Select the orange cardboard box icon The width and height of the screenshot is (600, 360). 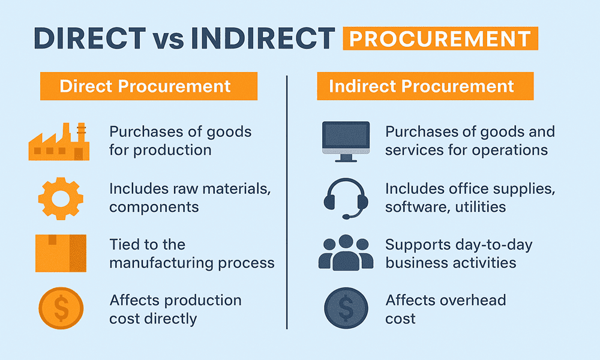[x=61, y=253]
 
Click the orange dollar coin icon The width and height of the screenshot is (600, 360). [x=61, y=308]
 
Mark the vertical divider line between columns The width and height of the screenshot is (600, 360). [x=287, y=204]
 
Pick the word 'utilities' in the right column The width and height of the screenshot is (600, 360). [x=478, y=207]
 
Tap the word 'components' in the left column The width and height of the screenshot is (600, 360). [x=154, y=207]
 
